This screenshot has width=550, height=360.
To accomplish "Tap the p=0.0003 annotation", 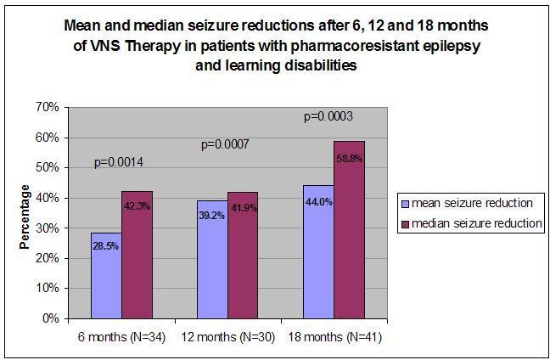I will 330,115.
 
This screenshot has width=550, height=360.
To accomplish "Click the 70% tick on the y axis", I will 47,107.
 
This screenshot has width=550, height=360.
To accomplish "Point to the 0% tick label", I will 50,319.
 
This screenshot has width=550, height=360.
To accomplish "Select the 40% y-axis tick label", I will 47,198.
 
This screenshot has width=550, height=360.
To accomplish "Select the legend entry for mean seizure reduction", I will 471,203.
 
